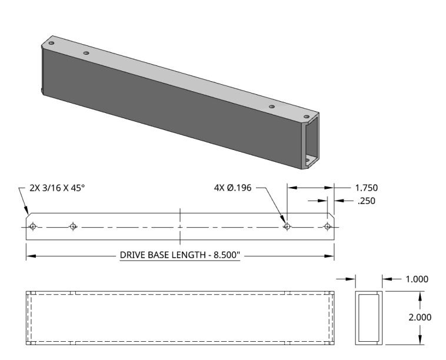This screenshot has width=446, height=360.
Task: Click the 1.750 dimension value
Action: click(367, 188)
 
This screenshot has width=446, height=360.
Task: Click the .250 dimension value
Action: click(365, 201)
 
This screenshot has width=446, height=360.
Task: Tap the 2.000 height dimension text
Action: click(420, 317)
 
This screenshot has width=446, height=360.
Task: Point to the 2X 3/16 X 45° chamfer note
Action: click(58, 188)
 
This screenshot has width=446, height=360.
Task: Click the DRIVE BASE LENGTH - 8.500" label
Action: click(180, 256)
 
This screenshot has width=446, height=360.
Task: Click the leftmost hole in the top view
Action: click(33, 226)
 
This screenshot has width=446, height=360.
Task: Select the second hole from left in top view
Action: click(73, 226)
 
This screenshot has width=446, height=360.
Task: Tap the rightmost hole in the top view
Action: click(328, 226)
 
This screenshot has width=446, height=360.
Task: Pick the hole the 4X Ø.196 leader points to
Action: click(287, 226)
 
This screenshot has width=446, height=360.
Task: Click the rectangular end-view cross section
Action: click(369, 317)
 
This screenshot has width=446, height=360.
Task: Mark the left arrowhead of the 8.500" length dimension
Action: click(29, 256)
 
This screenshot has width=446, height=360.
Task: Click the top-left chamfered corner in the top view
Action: click(28, 216)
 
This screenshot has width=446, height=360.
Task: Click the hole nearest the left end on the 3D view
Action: click(52, 44)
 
